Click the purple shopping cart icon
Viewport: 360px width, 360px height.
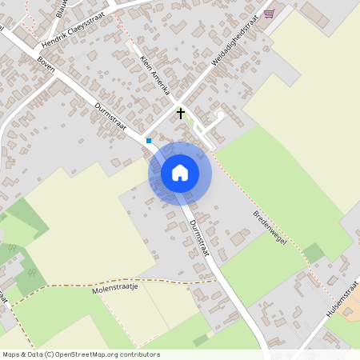pyautogui.click(x=270, y=14)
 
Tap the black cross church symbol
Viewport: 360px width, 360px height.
pyautogui.click(x=181, y=114)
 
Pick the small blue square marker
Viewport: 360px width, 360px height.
pyautogui.click(x=148, y=141)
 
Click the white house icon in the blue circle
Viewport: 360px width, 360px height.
pyautogui.click(x=180, y=173)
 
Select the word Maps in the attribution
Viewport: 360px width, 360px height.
pyautogui.click(x=12, y=354)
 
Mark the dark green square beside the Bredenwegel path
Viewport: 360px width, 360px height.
pyautogui.click(x=314, y=254)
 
